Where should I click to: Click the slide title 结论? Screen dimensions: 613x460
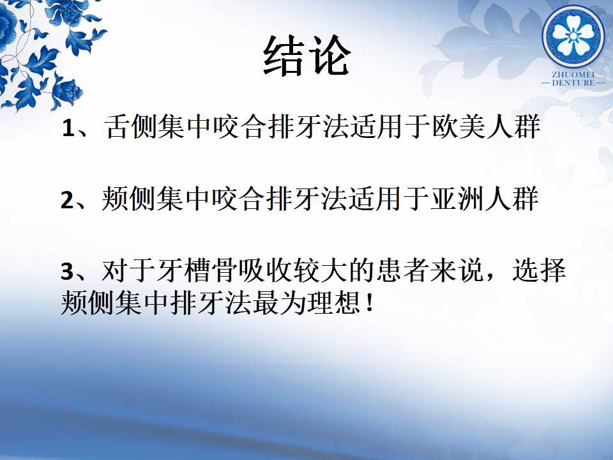point(306,56)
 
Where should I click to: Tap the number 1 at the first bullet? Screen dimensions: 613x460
point(68,128)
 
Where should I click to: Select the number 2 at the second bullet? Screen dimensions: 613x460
point(67,200)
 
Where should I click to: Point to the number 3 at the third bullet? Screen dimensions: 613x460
point(67,272)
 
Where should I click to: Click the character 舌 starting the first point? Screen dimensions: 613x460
point(116,126)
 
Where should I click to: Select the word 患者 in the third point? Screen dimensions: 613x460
point(402,270)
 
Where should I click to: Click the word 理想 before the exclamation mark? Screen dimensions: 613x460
point(333,303)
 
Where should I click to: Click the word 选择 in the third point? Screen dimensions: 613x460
point(539,270)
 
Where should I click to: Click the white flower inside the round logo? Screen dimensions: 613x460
point(573,36)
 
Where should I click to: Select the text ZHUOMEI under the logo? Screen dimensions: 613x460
point(573,74)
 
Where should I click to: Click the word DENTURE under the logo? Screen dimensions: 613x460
point(573,82)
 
